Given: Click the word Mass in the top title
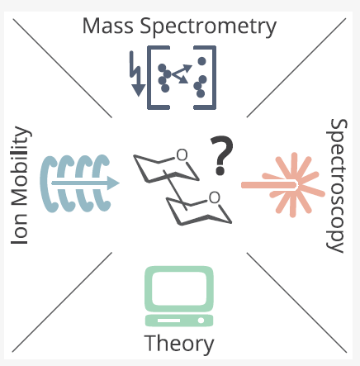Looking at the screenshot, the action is pos(108,26).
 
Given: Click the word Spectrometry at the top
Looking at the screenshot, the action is pos(208,27).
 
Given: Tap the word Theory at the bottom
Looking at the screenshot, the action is pos(179,343).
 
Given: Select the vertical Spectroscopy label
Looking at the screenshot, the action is pos(337,186).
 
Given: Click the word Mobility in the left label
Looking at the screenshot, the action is pos(21,168).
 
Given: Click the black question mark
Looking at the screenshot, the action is pos(222,155).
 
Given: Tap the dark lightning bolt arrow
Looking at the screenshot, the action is pos(137,74).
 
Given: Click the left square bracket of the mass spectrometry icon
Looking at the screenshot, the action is pos(158,78).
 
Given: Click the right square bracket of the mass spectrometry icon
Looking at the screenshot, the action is pos(206,78).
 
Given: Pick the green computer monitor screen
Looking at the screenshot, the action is pos(179,288).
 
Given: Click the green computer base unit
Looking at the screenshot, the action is pos(179,321).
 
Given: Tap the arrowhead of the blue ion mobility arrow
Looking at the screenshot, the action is pos(113,183).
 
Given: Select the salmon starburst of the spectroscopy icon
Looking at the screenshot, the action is pos(293,185).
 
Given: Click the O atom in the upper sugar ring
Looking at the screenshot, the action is pos(182,155).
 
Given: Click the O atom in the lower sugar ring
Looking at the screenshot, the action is pos(215,197).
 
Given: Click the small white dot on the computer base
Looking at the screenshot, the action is pos(201,321).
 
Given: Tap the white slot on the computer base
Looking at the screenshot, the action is pos(168,321).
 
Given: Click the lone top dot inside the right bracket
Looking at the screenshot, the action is pos(201,61).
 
